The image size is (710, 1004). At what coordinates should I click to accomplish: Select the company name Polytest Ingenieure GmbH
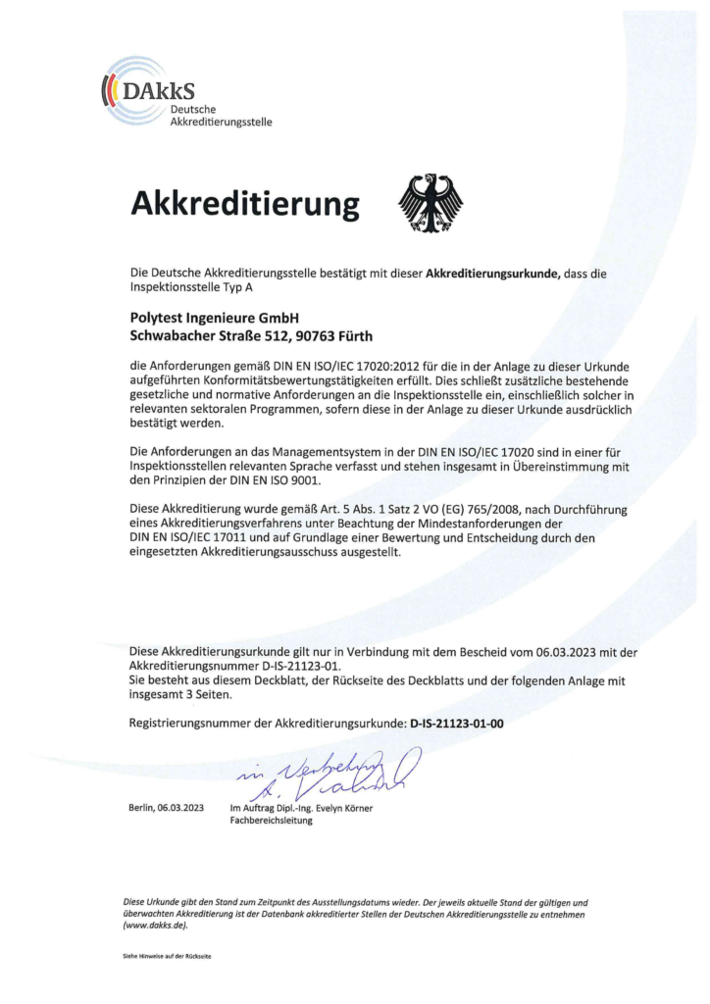(x=214, y=318)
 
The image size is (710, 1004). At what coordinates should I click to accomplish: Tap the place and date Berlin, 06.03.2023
(x=166, y=807)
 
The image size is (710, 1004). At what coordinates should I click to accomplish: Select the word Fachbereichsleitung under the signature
(x=271, y=821)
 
